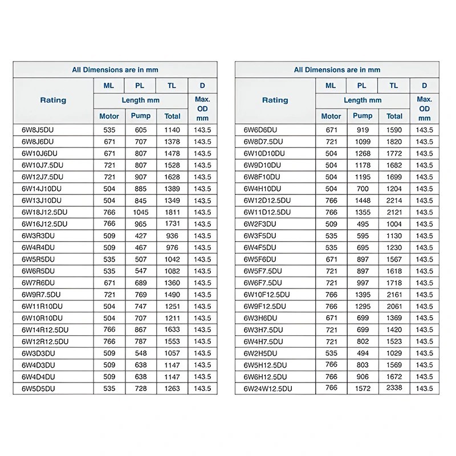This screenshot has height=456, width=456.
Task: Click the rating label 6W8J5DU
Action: [x=38, y=130]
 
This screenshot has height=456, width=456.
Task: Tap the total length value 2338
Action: [x=394, y=388]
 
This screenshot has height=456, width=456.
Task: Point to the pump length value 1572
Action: [x=361, y=389]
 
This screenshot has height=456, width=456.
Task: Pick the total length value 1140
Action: [x=172, y=130]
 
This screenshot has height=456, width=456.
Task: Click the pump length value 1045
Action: [x=141, y=212]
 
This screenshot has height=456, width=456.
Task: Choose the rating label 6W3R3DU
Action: [x=38, y=235]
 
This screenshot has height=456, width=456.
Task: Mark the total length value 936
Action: [x=172, y=235]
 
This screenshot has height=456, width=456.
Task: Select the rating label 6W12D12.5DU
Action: [x=267, y=201]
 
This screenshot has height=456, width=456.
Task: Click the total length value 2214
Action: [x=394, y=201]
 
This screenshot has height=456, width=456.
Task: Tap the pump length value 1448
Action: [x=361, y=201]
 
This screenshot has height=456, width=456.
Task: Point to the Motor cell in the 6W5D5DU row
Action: [x=109, y=389]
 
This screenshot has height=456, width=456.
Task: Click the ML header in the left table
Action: [x=109, y=85]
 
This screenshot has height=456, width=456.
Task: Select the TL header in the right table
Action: [x=394, y=85]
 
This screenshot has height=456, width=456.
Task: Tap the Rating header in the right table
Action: [x=275, y=100]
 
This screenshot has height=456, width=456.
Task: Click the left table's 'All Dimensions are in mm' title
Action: [x=115, y=70]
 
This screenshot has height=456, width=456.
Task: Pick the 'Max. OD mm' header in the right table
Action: [x=424, y=108]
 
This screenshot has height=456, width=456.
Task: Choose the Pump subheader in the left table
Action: [x=141, y=116]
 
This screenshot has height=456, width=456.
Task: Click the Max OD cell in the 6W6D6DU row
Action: [x=424, y=130]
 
